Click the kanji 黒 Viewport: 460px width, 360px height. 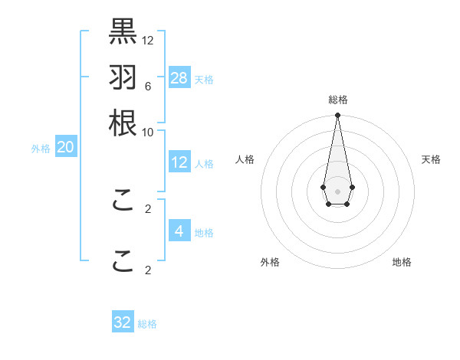click(x=123, y=31)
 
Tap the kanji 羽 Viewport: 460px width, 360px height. click(x=123, y=78)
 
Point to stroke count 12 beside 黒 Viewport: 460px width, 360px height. click(x=148, y=40)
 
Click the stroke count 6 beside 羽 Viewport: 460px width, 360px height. click(x=147, y=87)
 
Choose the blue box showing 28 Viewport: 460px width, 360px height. click(x=179, y=77)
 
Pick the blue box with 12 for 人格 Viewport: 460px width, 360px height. click(x=179, y=162)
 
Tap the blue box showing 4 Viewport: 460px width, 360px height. click(x=179, y=231)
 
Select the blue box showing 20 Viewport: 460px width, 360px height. click(x=65, y=148)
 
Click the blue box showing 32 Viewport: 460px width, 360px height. click(x=123, y=322)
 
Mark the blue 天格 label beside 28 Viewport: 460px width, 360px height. click(x=204, y=80)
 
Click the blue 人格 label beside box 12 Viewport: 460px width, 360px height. click(x=204, y=164)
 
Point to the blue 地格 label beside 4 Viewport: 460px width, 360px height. click(x=204, y=233)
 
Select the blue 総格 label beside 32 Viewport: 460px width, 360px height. click(x=147, y=324)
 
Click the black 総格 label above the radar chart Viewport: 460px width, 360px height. click(x=338, y=100)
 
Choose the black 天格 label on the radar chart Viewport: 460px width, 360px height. click(x=431, y=159)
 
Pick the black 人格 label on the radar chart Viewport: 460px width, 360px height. click(x=245, y=159)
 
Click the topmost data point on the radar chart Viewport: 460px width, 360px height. click(x=337, y=116)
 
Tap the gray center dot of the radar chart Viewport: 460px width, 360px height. click(x=337, y=191)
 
